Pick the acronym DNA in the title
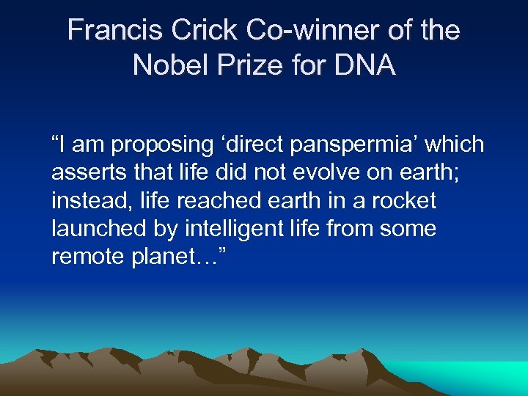coord(365,65)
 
